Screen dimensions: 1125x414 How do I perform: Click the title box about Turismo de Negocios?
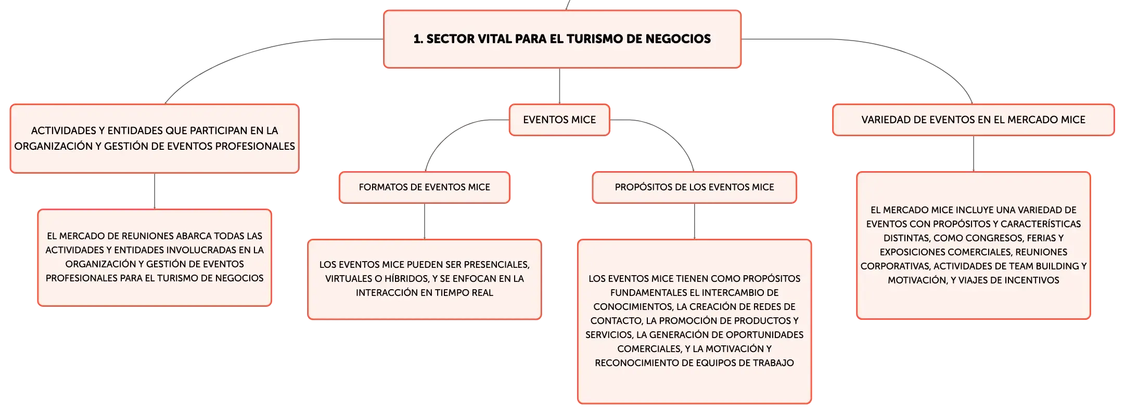click(562, 39)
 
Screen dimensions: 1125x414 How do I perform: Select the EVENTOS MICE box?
click(559, 120)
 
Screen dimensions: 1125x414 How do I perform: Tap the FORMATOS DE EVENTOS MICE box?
click(425, 187)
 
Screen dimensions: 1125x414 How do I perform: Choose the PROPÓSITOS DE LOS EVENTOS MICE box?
click(694, 187)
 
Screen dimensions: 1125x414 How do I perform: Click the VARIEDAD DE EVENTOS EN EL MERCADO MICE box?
click(973, 120)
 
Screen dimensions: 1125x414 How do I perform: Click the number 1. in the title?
click(418, 39)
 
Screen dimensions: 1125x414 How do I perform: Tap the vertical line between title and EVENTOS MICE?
click(559, 86)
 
